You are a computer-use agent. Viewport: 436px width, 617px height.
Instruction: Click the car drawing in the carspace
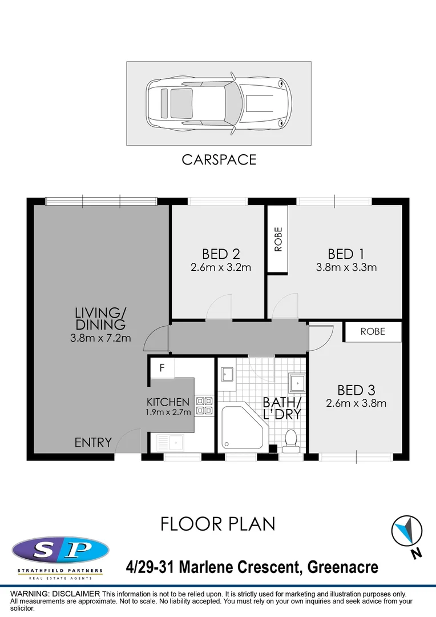(219, 104)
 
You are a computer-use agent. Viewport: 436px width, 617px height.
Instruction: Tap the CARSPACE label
(219, 160)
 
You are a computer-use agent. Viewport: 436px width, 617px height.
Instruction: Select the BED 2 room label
(220, 254)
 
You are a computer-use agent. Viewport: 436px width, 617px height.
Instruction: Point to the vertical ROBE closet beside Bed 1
(278, 240)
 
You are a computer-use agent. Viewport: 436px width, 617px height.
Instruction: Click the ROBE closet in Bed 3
(373, 331)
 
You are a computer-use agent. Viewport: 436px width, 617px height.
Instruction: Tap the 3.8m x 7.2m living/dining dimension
(100, 338)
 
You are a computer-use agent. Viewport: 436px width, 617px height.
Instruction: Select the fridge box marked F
(162, 368)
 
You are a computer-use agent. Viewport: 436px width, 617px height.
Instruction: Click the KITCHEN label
(168, 402)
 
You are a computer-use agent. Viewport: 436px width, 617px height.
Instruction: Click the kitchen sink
(169, 442)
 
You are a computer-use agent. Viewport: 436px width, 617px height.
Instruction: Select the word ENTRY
(93, 443)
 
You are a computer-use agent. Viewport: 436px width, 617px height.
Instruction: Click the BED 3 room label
(356, 390)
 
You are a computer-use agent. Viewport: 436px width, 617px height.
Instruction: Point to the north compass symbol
(407, 531)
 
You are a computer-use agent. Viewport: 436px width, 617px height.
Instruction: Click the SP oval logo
(60, 551)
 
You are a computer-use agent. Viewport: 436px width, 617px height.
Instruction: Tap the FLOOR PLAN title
(218, 524)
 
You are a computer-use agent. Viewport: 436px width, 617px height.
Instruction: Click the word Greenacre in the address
(342, 567)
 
